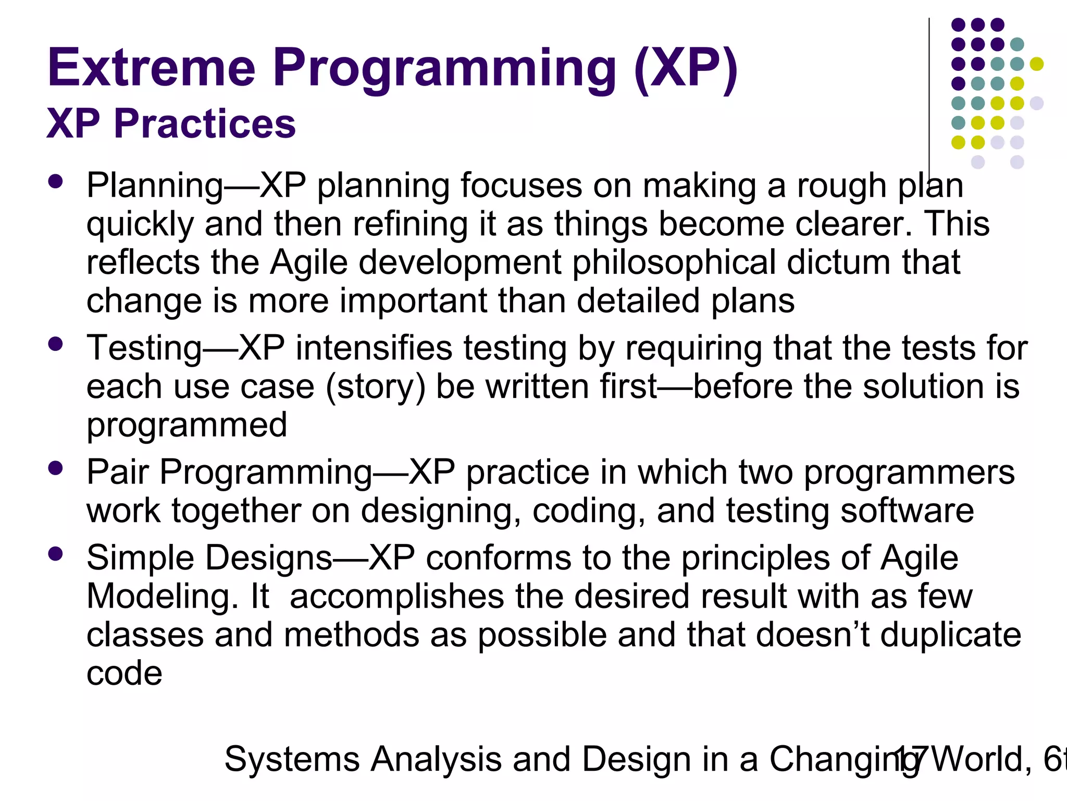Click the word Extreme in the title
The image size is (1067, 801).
[x=151, y=68]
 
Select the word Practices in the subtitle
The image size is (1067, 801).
[x=205, y=124]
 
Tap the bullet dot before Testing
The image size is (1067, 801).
[x=55, y=344]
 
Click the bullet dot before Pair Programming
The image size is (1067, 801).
[x=55, y=468]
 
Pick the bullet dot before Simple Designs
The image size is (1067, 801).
[x=55, y=553]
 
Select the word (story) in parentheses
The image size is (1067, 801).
[x=376, y=387]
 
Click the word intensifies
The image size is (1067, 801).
[x=374, y=348]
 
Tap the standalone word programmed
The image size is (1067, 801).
[x=187, y=426]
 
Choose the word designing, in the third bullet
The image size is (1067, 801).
[x=441, y=511]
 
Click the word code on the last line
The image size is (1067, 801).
[x=124, y=674]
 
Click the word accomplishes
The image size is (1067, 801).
[x=396, y=597]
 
